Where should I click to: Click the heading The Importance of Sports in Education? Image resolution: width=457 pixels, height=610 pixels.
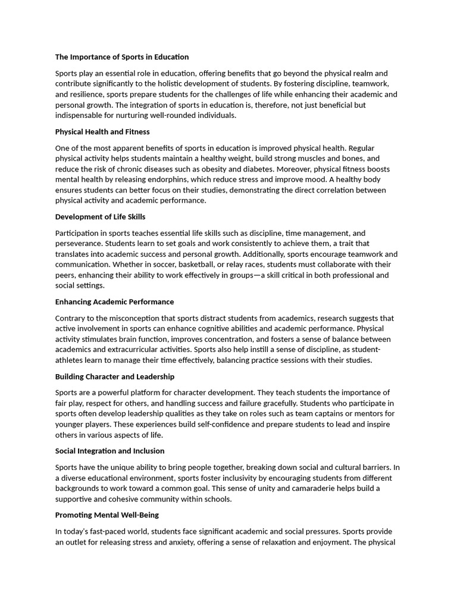pyautogui.click(x=122, y=57)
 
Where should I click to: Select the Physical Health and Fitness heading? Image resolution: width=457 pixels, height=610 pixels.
pyautogui.click(x=102, y=132)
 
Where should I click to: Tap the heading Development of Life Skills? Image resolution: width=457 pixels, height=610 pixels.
pyautogui.click(x=100, y=217)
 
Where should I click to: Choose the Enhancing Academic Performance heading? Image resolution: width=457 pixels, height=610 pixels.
pyautogui.click(x=114, y=302)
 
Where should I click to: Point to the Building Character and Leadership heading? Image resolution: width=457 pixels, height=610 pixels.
pyautogui.click(x=115, y=376)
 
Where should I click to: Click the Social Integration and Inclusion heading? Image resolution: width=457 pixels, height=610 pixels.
pyautogui.click(x=109, y=451)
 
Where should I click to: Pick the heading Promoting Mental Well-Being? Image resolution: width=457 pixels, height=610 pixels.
pyautogui.click(x=107, y=515)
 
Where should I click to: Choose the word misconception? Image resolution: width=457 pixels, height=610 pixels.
pyautogui.click(x=134, y=318)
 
